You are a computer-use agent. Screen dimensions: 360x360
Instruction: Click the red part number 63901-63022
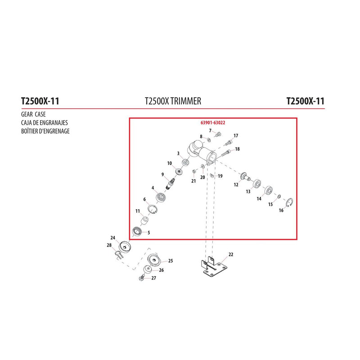coord(213,123)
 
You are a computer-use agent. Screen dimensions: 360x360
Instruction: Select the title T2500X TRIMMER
coord(173,101)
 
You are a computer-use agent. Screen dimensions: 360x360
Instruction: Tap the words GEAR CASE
coord(33,114)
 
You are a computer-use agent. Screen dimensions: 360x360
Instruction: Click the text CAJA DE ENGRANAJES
coord(44,122)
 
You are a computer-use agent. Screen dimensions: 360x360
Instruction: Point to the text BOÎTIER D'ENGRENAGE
coord(45,131)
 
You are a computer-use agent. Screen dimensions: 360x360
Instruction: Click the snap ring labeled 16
coord(289,202)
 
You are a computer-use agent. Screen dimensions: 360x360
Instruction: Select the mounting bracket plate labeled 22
coord(213,266)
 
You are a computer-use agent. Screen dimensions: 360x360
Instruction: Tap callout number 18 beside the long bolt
coord(237,149)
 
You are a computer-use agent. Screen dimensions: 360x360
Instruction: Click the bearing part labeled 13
coord(256,184)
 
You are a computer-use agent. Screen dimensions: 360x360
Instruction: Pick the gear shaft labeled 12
coord(245,177)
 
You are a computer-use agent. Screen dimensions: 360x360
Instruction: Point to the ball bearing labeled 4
coord(161,198)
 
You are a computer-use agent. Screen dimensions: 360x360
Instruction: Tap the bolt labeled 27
coord(141,278)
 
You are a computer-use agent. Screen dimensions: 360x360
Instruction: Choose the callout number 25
coord(171,261)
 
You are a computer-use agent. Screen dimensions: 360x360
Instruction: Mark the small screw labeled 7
coord(218,134)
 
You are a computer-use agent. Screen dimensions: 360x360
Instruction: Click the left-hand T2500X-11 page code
coord(40,101)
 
